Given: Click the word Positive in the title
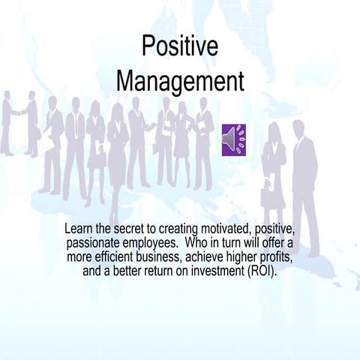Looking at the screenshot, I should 180,46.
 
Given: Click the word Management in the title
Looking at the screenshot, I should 180,81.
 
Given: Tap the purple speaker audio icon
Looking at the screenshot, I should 234,140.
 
